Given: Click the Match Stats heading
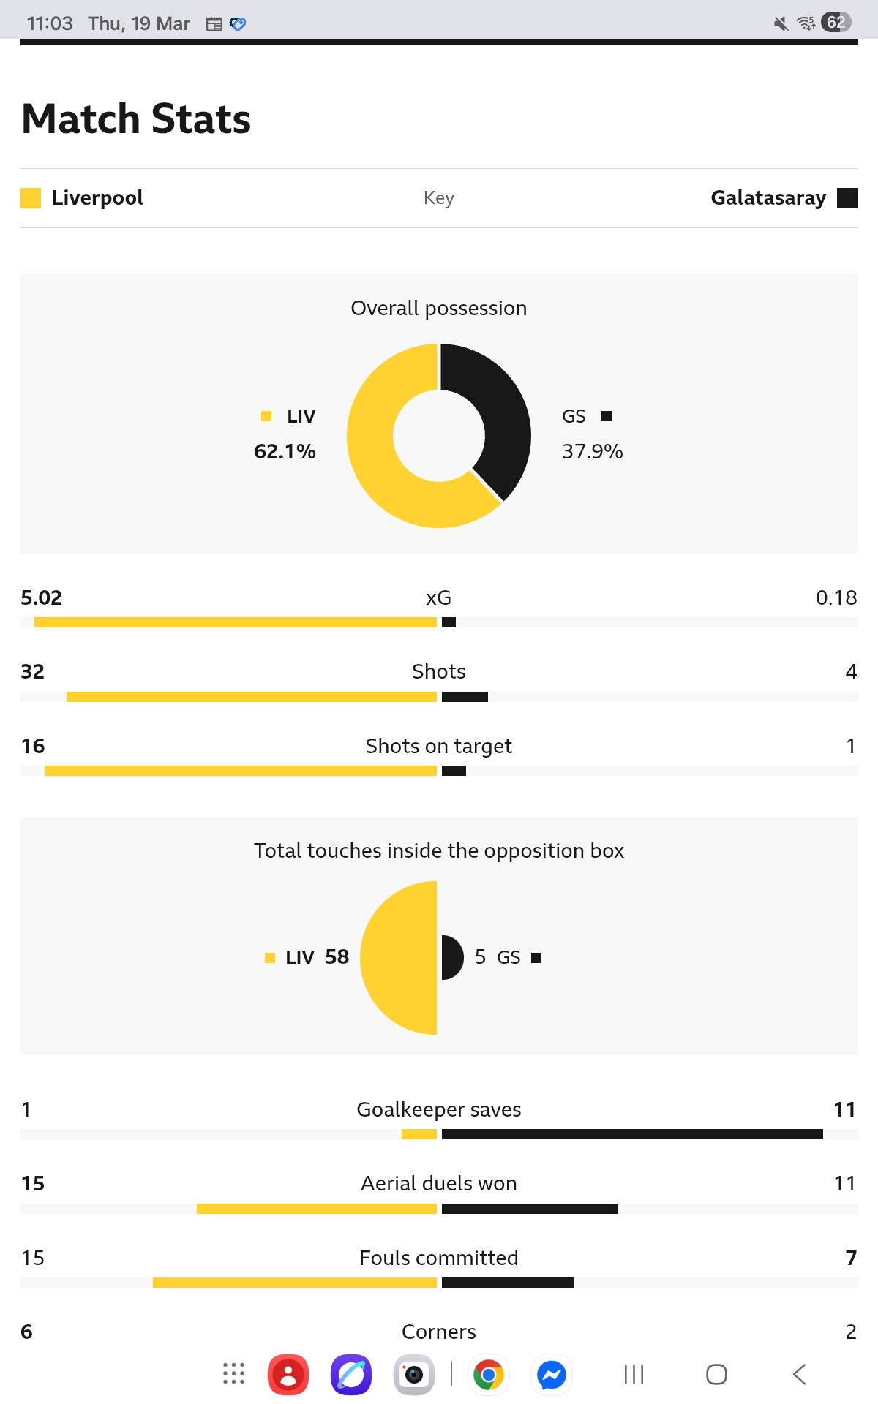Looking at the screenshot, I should pos(136,118).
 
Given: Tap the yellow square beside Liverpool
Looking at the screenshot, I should pos(31,198).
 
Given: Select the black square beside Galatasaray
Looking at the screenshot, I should pos(847,198).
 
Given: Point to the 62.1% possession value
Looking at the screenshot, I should pos(285,451).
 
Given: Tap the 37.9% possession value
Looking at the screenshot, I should pos(592,451).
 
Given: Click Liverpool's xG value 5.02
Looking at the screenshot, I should pos(42,597).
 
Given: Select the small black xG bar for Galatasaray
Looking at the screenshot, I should pos(449,622).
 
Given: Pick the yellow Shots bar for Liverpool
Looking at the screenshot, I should pos(251,697).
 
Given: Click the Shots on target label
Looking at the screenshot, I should pos(438,746).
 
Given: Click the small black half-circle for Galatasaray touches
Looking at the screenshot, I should pos(451,957).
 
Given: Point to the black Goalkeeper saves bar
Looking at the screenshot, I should pos(632,1134).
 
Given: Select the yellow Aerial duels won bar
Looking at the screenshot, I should pos(316,1209).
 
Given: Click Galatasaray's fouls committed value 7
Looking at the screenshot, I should pos(850,1258).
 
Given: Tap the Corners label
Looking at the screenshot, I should pos(438,1332).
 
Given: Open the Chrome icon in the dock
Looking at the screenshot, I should pos(489,1375).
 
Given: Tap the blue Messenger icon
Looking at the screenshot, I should pos(552,1375).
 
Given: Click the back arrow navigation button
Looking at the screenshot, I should pos(800,1375).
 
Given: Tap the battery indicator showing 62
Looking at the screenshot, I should pos(836,23).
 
